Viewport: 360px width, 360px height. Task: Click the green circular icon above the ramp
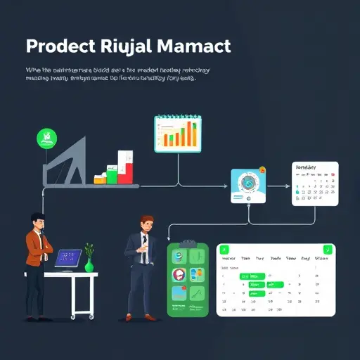pyautogui.click(x=46, y=138)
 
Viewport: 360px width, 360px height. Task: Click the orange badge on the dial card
pyautogui.click(x=262, y=169)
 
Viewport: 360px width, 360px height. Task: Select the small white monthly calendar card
pyautogui.click(x=314, y=184)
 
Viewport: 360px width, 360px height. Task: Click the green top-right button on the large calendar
pyautogui.click(x=326, y=250)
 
